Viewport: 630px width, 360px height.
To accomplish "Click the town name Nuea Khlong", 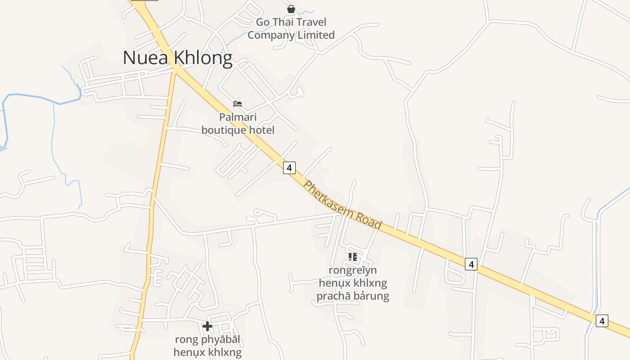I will click(177, 58).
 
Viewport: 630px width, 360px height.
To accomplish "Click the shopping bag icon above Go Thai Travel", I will click(291, 9).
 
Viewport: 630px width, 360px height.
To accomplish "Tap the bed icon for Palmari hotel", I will click(238, 104).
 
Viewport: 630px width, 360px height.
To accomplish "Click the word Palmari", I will click(238, 117).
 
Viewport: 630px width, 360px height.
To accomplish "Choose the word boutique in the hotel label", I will click(224, 130).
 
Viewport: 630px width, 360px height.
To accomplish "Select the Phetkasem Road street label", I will click(342, 205).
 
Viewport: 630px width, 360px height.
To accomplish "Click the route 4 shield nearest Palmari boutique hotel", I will click(289, 168).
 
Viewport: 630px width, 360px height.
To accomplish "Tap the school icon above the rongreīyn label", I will click(353, 257).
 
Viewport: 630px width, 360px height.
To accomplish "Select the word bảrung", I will click(373, 296).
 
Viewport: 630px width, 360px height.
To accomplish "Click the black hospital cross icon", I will click(207, 326).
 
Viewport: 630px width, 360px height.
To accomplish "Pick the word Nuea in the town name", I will click(139, 58).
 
